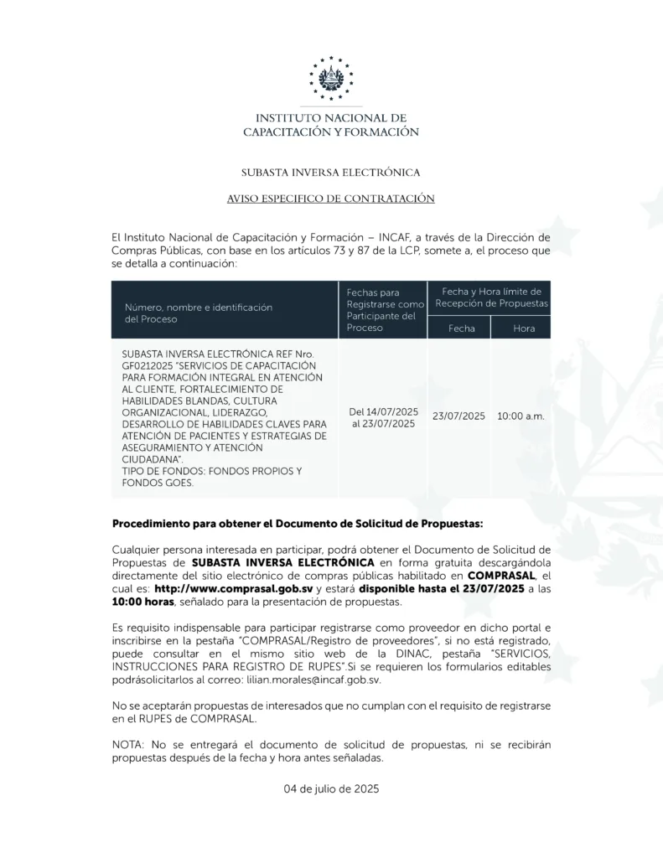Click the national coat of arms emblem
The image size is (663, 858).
(x=331, y=78)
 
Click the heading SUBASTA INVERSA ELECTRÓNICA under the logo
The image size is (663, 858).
(x=330, y=173)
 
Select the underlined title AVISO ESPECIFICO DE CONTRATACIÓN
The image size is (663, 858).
(x=330, y=199)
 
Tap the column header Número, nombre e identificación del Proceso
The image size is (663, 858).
(x=199, y=313)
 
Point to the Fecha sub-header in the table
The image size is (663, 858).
(x=461, y=328)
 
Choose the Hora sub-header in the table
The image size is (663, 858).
(x=524, y=328)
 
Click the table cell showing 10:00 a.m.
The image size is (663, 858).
(x=521, y=416)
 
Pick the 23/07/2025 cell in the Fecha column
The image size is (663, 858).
(x=458, y=416)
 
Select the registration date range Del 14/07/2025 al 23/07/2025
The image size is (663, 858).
(x=383, y=417)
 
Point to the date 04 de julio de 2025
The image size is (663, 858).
(x=331, y=788)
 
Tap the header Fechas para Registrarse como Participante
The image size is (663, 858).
(x=384, y=310)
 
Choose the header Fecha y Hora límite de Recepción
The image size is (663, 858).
(x=489, y=296)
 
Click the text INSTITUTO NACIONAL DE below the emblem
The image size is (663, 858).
(x=331, y=118)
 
